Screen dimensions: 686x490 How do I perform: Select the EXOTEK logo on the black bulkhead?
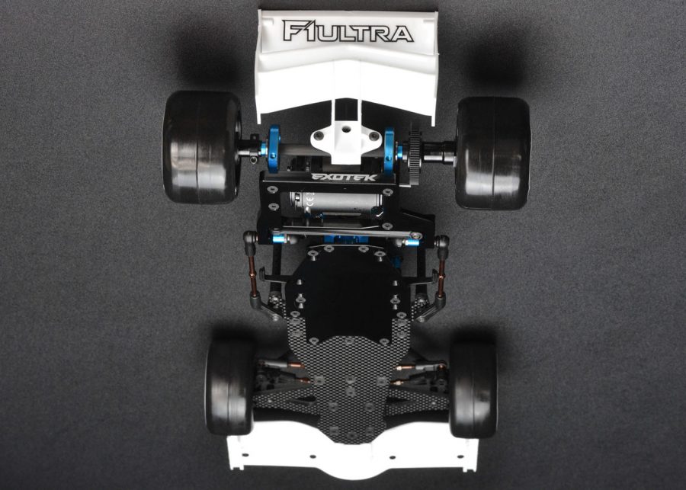pyautogui.click(x=344, y=178)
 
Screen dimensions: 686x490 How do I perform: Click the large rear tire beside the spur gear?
pyautogui.click(x=493, y=152)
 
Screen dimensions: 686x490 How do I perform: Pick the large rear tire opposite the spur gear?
pyautogui.click(x=202, y=147)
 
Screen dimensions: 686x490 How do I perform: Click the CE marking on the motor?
pyautogui.click(x=309, y=201)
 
